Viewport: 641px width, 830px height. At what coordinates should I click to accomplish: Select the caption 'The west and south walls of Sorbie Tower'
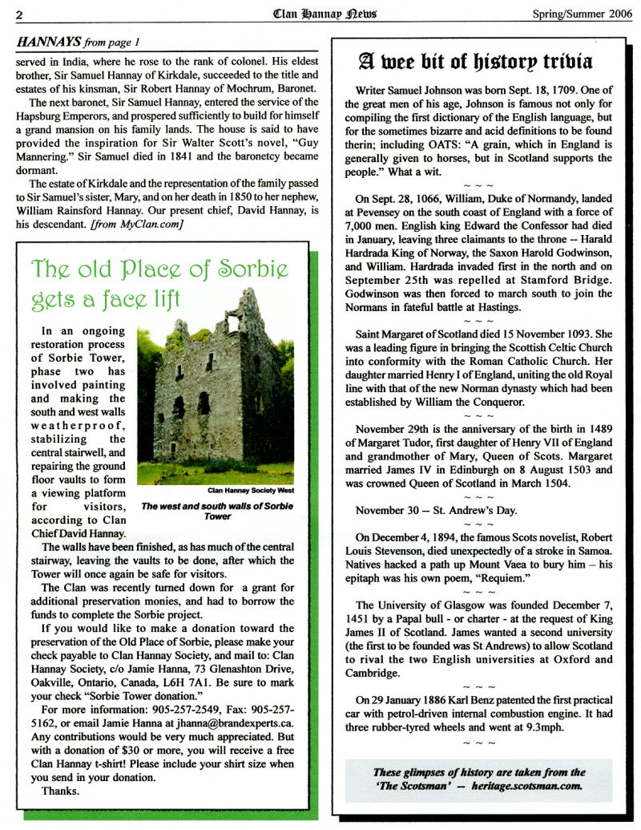[x=217, y=512]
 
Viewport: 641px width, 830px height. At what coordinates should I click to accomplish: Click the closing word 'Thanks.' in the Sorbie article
[x=60, y=791]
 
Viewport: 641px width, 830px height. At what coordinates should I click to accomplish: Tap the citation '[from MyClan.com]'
[x=143, y=223]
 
